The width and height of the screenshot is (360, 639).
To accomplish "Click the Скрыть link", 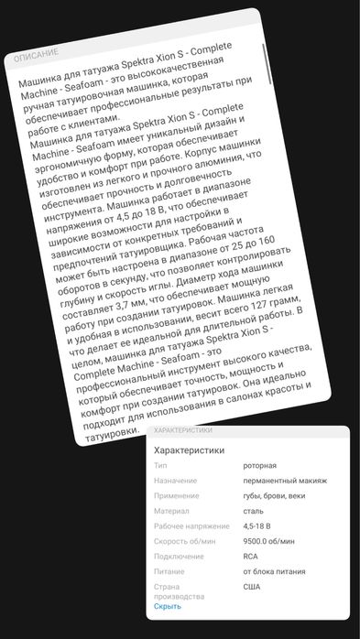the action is pos(167,606).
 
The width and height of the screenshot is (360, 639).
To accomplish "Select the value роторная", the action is pos(259,466).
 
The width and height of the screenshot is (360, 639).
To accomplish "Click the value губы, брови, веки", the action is pos(274,495).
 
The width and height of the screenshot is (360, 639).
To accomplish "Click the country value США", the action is pos(251,586).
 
